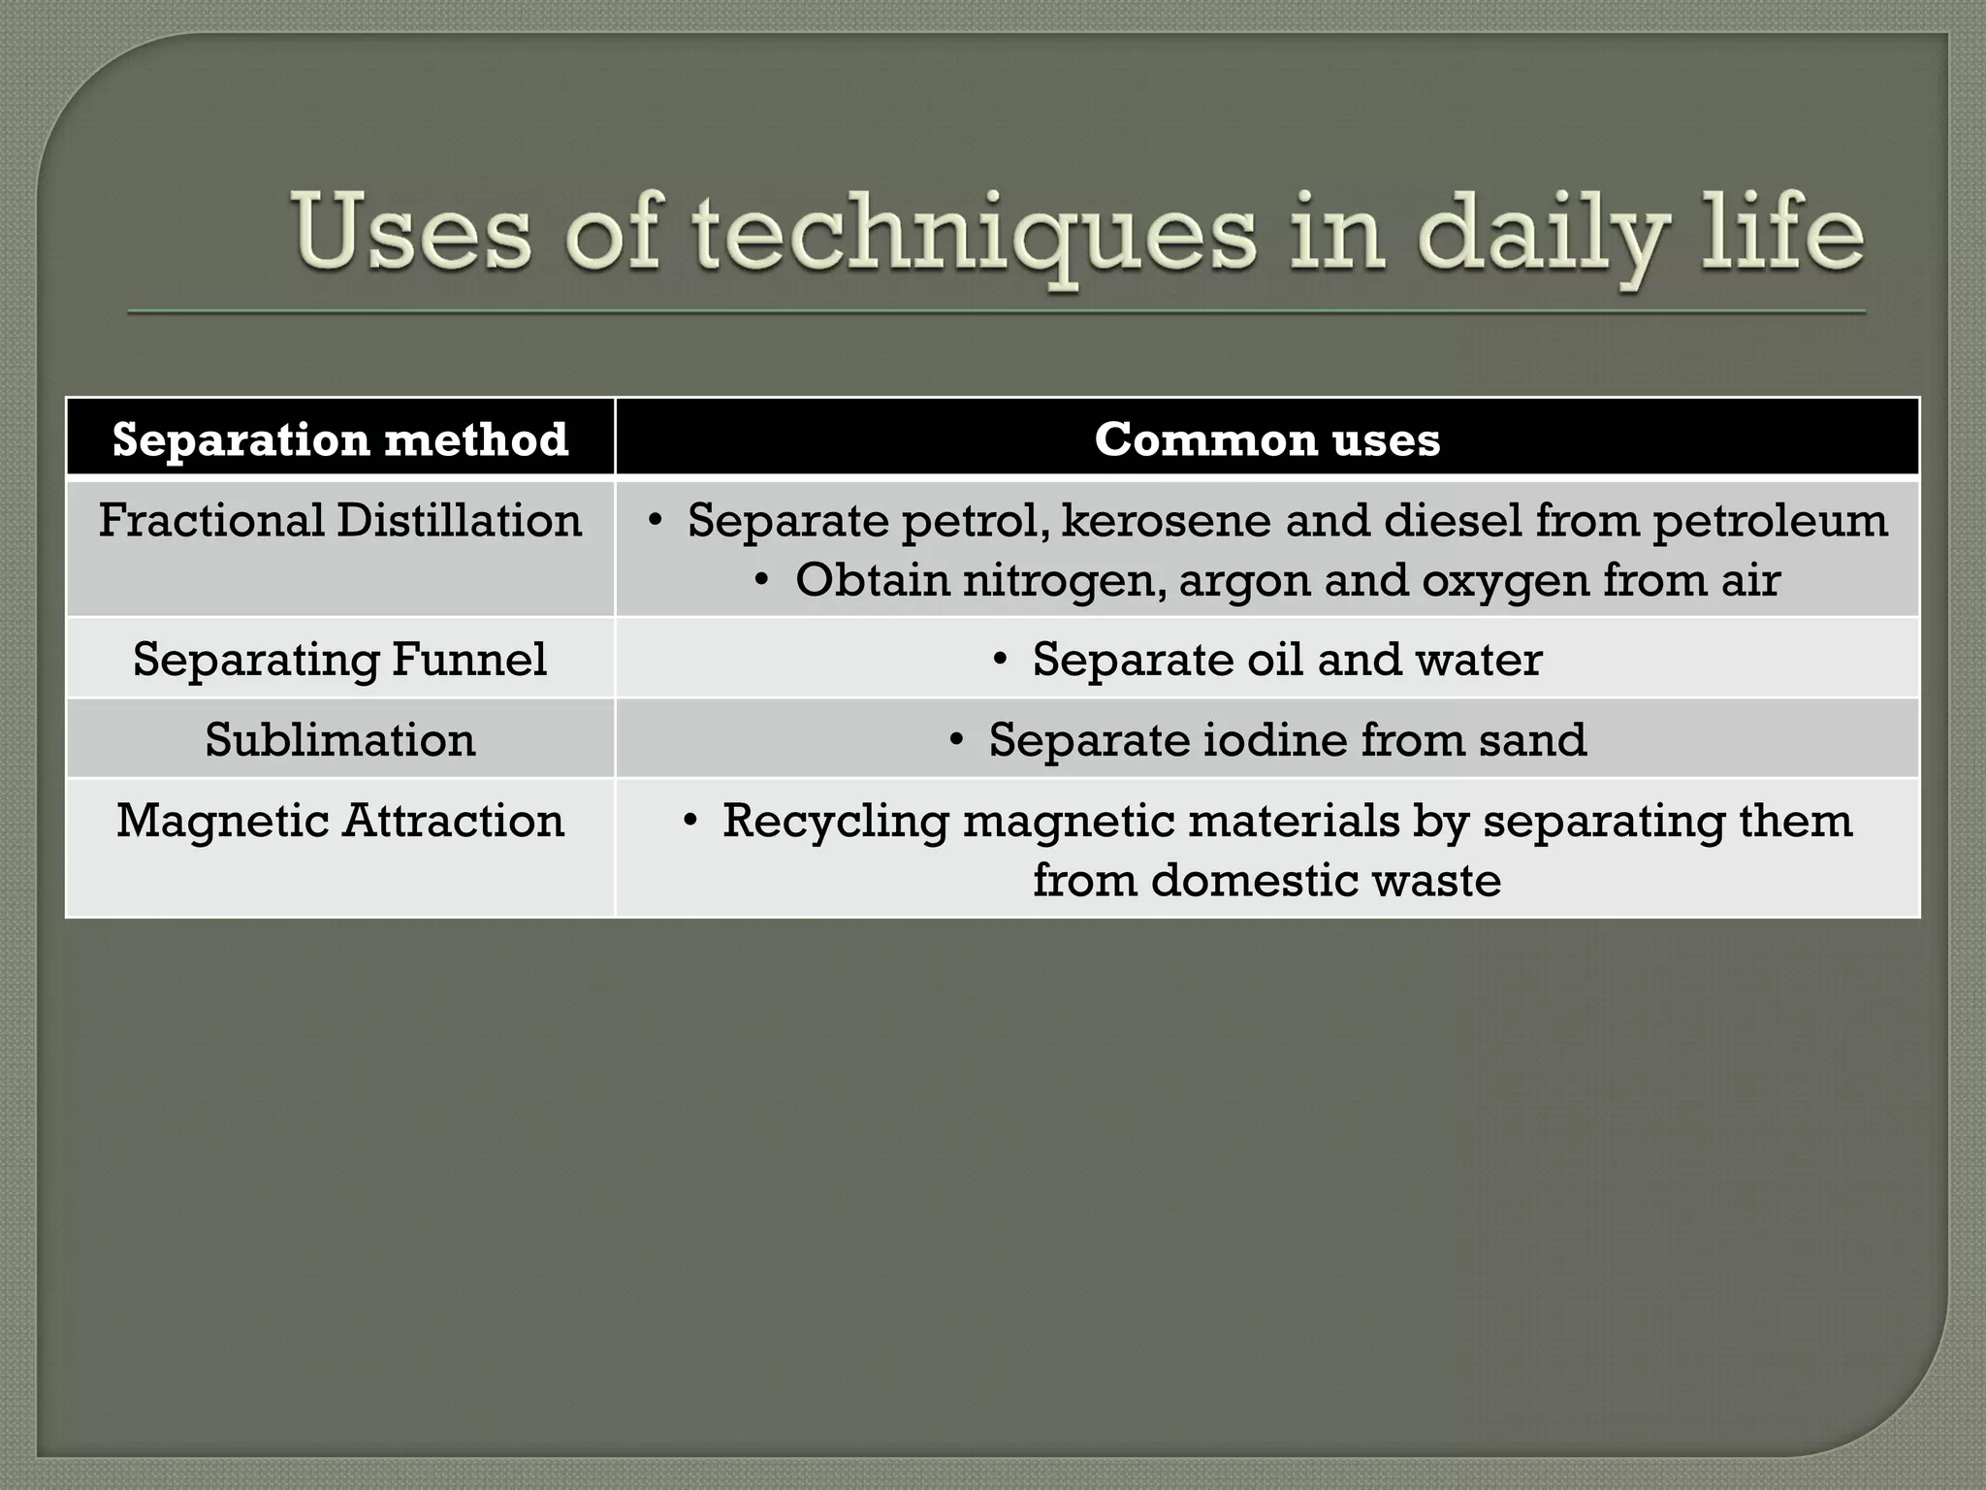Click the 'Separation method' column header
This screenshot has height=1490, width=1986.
(x=339, y=439)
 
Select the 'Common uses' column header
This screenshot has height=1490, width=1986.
(x=1266, y=439)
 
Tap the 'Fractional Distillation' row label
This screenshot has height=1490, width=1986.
(x=339, y=521)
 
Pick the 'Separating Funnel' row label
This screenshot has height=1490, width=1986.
(x=339, y=660)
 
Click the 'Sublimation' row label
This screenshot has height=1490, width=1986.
(x=339, y=740)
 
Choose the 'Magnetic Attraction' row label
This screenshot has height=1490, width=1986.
(x=339, y=821)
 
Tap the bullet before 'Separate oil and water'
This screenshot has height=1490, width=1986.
(x=1001, y=661)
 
